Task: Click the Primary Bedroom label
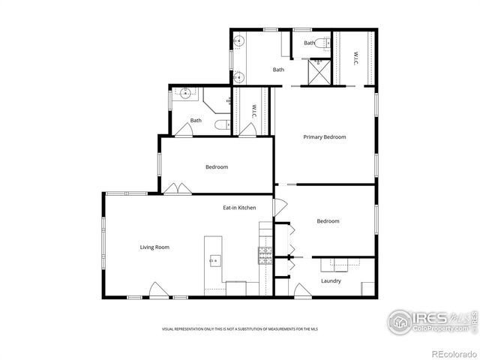[x=324, y=137]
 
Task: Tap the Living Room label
[x=154, y=247]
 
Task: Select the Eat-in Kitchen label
[x=239, y=208]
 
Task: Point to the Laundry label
[x=331, y=281]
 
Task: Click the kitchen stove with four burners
[x=265, y=256]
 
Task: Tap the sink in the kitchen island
[x=215, y=261]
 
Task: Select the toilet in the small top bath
[x=321, y=43]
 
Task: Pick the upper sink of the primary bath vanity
[x=239, y=40]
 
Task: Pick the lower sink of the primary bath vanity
[x=239, y=75]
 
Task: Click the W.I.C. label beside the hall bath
[x=254, y=110]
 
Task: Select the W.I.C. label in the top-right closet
[x=355, y=56]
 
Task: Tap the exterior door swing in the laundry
[x=302, y=290]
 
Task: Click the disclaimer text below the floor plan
[x=239, y=329]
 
